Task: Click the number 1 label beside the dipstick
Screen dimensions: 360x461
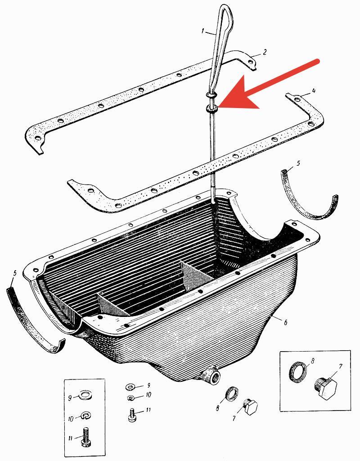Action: (x=203, y=31)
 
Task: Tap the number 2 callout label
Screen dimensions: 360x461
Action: (x=265, y=52)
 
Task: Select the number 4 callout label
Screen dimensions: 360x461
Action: (x=314, y=91)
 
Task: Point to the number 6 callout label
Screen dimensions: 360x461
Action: (x=285, y=322)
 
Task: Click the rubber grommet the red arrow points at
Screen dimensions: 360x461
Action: (x=212, y=108)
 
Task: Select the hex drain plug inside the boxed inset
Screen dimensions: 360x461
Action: (x=327, y=388)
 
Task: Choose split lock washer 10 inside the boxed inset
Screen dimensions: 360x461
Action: (x=85, y=416)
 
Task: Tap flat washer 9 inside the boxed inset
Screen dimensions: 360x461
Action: (x=85, y=395)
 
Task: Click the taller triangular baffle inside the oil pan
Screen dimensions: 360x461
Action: (x=195, y=276)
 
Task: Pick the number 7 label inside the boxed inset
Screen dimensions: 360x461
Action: (x=341, y=366)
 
